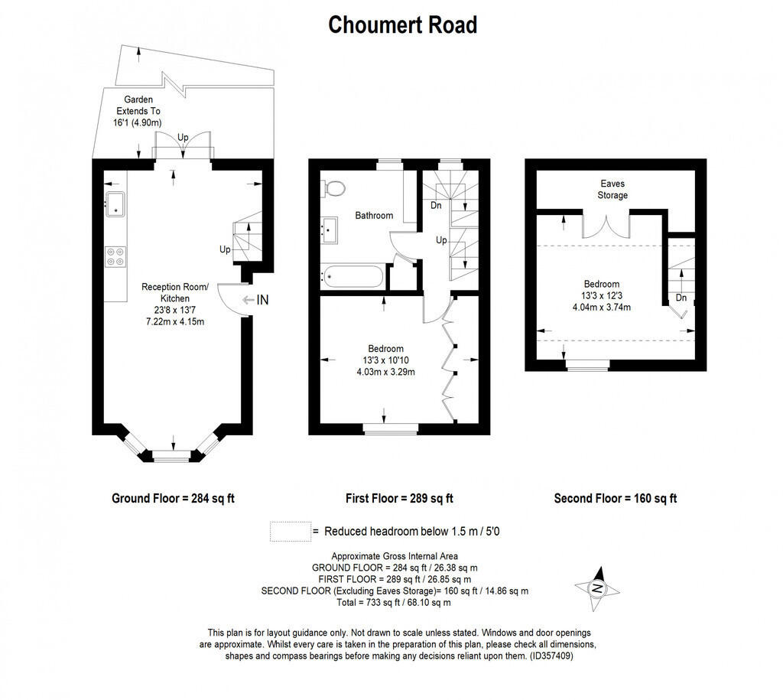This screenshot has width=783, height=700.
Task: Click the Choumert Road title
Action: (x=402, y=24)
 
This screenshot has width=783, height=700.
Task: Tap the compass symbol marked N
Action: (x=597, y=587)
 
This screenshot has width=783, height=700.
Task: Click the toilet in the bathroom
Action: (x=333, y=187)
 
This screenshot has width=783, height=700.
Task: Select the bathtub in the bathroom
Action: (x=353, y=276)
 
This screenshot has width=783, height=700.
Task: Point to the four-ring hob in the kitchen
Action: (x=115, y=256)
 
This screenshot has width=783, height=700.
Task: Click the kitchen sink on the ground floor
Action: (x=115, y=203)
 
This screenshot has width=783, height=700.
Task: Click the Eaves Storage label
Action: (x=612, y=189)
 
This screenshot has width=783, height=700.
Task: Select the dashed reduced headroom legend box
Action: (x=290, y=531)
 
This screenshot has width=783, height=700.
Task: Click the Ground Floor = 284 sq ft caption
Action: (x=173, y=498)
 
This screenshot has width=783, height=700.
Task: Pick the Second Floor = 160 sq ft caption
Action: (x=616, y=498)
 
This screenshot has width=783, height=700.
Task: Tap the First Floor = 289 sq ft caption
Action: (x=399, y=498)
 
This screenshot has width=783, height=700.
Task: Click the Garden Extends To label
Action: (x=135, y=111)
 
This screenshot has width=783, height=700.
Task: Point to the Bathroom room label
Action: (x=374, y=216)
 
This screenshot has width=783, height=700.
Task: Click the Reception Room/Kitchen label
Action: (x=175, y=292)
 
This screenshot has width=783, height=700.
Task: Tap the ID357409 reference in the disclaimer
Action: (x=551, y=656)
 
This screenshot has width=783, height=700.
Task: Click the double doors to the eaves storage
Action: (x=606, y=226)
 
